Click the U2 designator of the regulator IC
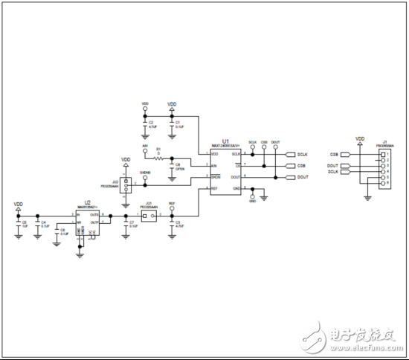[x=87, y=202]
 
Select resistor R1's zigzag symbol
[x=158, y=158]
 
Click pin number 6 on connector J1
[x=387, y=183]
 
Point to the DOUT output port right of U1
[x=289, y=178]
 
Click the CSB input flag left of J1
[x=344, y=154]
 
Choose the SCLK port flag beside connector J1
[x=344, y=172]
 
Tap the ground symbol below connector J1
[x=368, y=197]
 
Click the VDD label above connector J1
[x=361, y=138]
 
